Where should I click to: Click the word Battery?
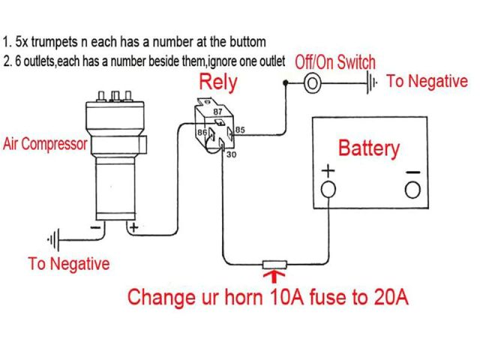369,148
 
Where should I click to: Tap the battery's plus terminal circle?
328,190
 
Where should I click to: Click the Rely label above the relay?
218,80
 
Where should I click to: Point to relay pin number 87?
218,111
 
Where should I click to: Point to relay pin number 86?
202,132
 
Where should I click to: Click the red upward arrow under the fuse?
272,280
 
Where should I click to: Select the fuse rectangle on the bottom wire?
272,265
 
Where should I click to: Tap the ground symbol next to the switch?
370,82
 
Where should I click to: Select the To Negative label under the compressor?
68,264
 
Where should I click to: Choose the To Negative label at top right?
427,81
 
